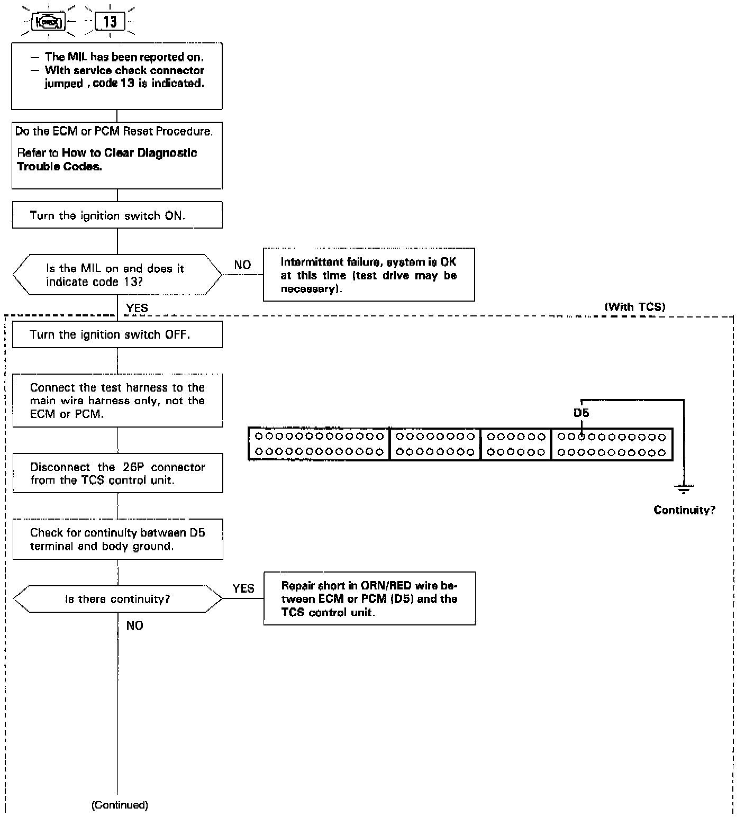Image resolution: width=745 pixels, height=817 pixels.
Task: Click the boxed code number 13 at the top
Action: coord(110,22)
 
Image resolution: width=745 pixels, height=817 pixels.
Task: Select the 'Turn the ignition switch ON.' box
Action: coord(117,215)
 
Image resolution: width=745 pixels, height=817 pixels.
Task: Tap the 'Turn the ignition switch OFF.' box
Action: coord(117,334)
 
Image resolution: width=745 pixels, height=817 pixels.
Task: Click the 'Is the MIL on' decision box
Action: coord(117,275)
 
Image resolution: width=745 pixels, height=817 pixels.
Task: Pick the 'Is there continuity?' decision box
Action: coord(117,599)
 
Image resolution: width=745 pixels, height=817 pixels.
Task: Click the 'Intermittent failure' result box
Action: coord(369,275)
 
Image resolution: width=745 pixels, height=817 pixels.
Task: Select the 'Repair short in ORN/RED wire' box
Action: coord(369,599)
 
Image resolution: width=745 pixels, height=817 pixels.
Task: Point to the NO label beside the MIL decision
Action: coord(242,265)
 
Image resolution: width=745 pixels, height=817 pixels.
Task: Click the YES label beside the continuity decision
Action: coord(243,588)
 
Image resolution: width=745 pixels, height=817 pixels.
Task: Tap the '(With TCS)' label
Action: coord(635,307)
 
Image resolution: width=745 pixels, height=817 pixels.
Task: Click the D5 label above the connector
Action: coord(581,413)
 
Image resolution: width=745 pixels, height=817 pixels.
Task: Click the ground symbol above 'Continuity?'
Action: coord(684,489)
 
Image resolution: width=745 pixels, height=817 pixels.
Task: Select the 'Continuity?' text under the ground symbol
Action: coord(684,510)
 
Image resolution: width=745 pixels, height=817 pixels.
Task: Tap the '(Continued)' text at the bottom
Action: coord(120,805)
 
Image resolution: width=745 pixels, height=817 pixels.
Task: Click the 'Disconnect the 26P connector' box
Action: coord(117,473)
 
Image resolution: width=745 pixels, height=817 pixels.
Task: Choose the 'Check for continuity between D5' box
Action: coord(117,539)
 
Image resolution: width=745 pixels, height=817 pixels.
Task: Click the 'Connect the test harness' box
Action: coord(117,401)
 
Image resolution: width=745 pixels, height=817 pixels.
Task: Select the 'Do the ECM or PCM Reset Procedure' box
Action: coord(117,156)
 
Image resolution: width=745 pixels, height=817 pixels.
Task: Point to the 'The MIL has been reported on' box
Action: coord(117,76)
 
